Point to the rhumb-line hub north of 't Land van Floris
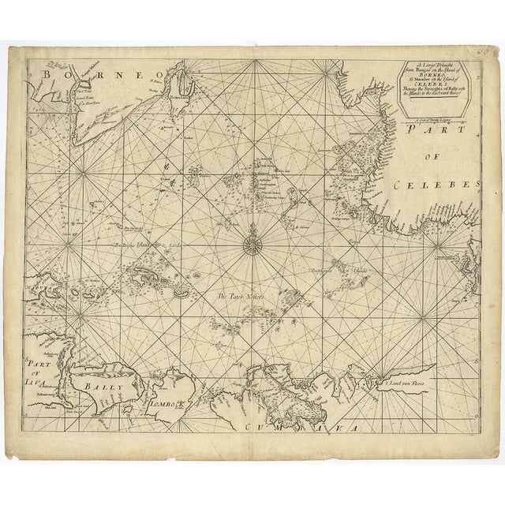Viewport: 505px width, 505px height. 422,319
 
